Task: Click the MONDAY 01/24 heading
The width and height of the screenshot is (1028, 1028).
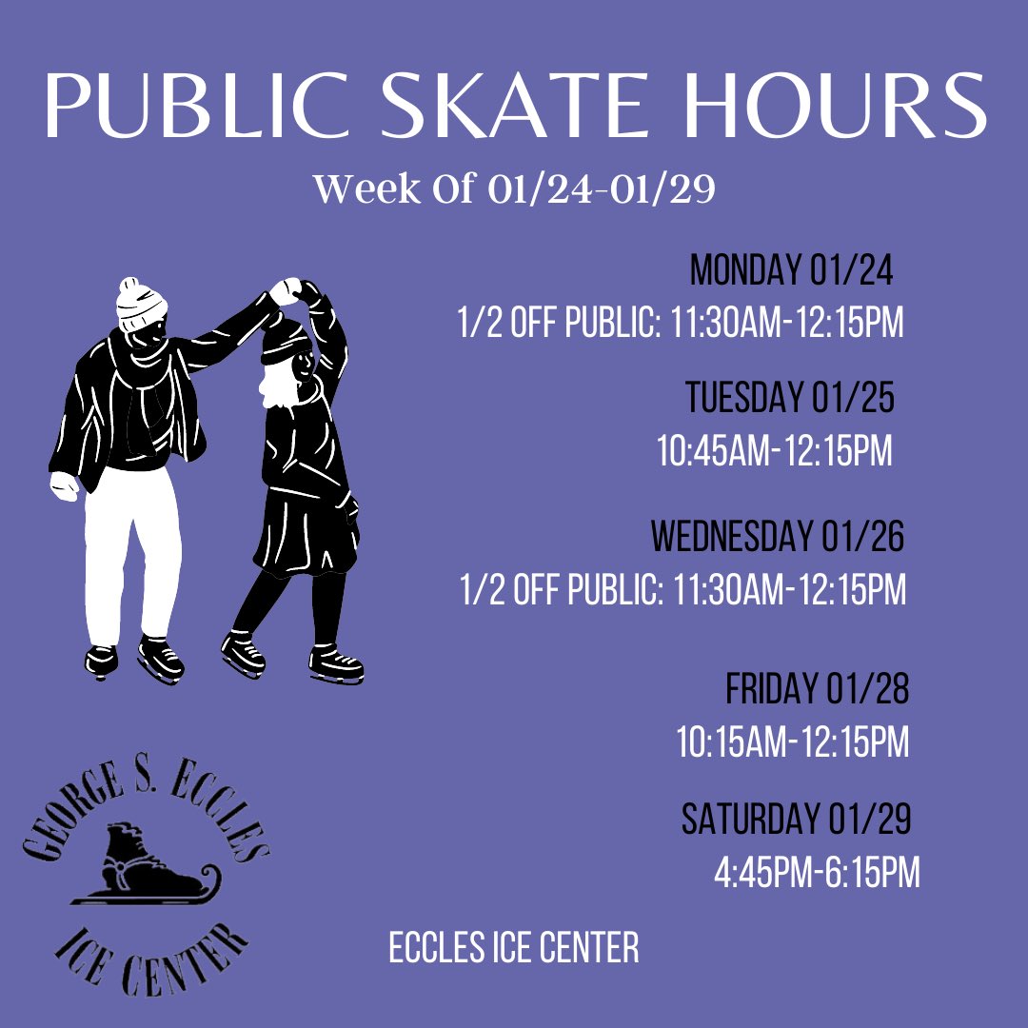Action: tap(792, 271)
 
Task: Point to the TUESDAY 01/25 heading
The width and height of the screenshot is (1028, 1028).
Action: tap(790, 398)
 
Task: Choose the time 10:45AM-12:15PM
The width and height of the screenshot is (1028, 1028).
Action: tap(775, 451)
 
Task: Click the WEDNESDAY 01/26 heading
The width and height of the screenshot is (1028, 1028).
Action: tap(778, 537)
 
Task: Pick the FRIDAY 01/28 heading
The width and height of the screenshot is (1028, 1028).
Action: tap(817, 689)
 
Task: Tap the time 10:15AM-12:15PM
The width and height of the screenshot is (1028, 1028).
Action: tap(793, 742)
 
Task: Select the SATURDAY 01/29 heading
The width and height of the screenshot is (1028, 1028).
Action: tap(797, 819)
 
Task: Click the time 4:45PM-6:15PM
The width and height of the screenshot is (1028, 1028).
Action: tap(817, 873)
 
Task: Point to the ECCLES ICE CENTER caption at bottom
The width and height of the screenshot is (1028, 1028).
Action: tap(514, 948)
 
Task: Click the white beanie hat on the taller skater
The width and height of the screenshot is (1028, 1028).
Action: tap(141, 303)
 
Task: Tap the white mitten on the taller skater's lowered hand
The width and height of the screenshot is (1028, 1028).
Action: tap(65, 485)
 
